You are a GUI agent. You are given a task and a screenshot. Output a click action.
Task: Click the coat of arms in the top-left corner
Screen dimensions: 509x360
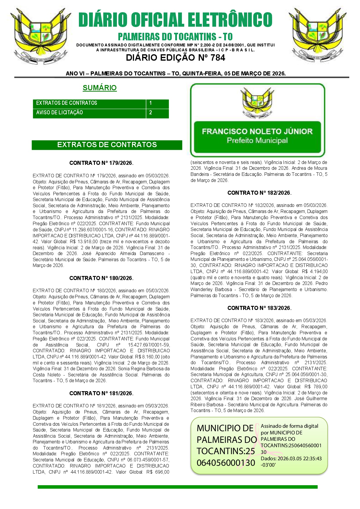41,35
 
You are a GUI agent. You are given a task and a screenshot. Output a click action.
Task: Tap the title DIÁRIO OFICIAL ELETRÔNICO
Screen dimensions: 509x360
175,20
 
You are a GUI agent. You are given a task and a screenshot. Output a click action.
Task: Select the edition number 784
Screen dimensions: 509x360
218,58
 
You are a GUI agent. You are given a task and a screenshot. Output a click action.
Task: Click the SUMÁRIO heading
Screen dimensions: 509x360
100,88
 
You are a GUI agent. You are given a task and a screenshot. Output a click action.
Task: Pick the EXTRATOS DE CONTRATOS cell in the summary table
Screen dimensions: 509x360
66,103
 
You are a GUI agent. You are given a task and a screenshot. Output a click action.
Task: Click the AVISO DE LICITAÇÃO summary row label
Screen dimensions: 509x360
59,113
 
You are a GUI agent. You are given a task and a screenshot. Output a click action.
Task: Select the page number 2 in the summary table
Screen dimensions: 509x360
151,113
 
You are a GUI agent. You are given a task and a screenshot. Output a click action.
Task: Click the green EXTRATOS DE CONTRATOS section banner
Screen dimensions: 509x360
107,145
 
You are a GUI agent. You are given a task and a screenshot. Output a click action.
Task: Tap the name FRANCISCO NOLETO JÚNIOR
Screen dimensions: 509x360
257,131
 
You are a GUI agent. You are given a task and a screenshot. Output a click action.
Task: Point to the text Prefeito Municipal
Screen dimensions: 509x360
257,141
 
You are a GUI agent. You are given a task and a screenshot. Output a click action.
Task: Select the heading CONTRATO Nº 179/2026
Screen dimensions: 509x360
101,163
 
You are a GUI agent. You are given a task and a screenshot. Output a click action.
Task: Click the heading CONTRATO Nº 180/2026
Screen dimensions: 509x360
101,278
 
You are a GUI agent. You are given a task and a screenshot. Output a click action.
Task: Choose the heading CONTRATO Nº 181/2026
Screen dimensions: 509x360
101,394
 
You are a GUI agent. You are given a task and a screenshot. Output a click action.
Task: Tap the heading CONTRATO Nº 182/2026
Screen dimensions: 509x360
259,193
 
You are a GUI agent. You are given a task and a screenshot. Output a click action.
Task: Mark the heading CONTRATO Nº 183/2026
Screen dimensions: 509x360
259,308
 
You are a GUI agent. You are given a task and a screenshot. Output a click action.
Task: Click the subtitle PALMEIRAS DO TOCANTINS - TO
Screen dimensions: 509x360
175,37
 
